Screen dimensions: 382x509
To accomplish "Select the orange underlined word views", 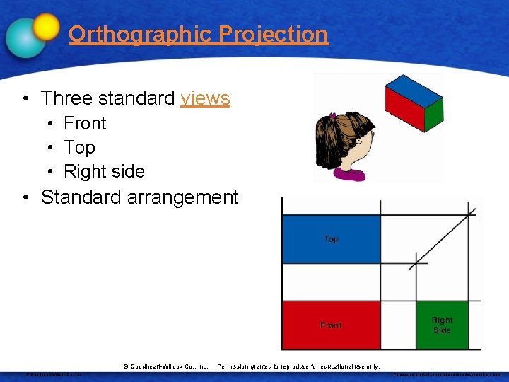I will (x=205, y=98).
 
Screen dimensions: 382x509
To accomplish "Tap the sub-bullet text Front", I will (x=85, y=123).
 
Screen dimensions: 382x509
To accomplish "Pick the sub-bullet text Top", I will (x=79, y=147).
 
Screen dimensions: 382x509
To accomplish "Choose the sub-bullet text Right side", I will (x=104, y=171).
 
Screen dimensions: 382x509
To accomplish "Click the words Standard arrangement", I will (x=140, y=197).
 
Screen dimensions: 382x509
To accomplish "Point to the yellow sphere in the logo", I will (x=46, y=27).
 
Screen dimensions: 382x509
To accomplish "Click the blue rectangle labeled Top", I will (x=331, y=239).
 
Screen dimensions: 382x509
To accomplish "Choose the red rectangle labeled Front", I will (x=331, y=325).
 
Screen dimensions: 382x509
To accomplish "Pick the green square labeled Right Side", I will (x=442, y=325).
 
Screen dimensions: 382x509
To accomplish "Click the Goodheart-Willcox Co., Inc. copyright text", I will (x=165, y=366).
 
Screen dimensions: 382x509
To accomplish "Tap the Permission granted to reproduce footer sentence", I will (x=298, y=366).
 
